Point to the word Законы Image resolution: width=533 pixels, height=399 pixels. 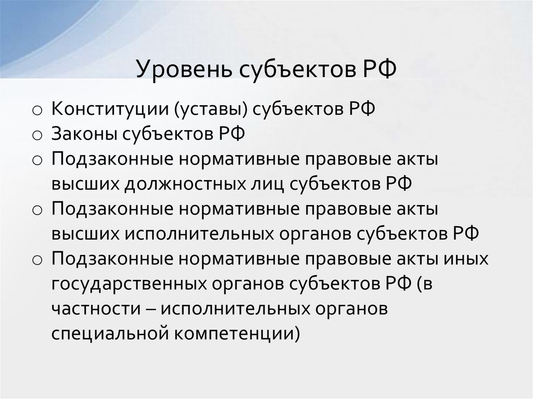[84, 135]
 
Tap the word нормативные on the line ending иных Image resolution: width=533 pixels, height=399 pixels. [227, 258]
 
